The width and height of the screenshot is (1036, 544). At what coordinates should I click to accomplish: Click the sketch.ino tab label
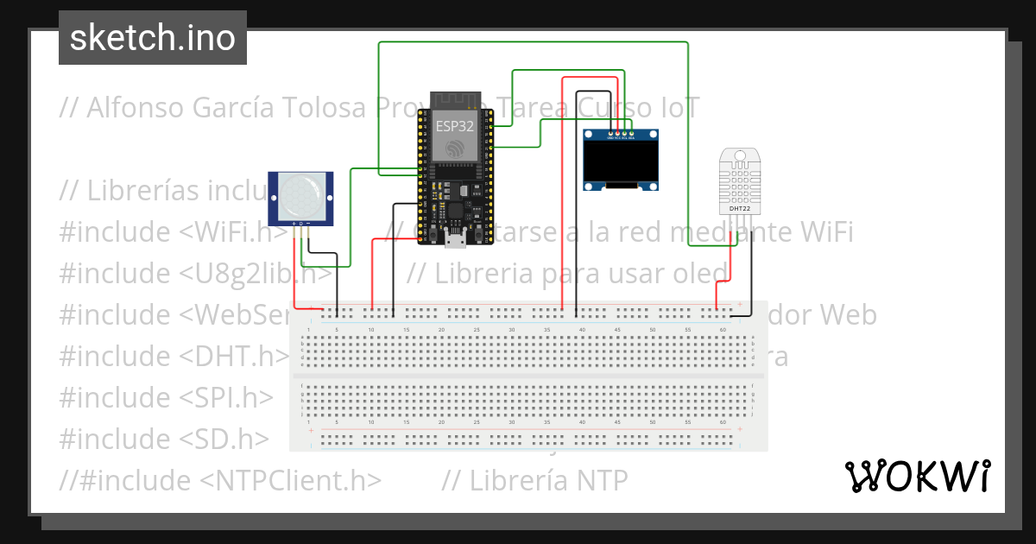tap(153, 38)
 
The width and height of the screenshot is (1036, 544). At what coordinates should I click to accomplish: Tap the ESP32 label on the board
tap(454, 125)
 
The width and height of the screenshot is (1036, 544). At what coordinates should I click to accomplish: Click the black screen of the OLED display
tap(622, 161)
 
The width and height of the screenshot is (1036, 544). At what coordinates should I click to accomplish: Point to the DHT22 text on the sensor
tap(739, 208)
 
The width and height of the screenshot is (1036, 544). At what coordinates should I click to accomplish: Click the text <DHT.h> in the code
tap(234, 356)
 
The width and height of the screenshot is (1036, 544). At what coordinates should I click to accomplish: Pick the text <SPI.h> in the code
tap(227, 397)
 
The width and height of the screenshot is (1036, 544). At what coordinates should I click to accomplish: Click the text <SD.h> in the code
tap(224, 439)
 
